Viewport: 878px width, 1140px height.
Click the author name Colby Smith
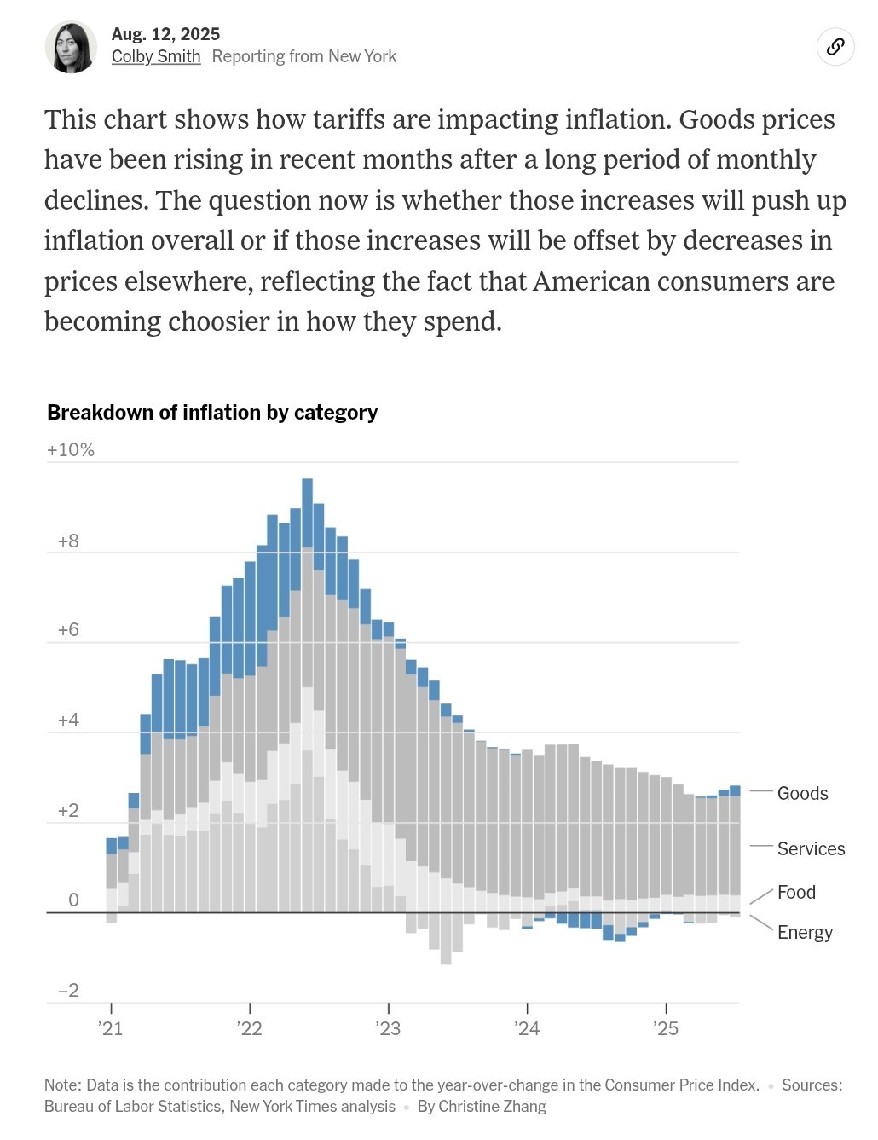click(156, 56)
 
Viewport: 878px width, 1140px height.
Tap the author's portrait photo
click(71, 47)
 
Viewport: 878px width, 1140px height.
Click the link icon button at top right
click(835, 46)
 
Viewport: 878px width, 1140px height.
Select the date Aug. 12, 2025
click(165, 33)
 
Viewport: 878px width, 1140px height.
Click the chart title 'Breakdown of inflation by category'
click(212, 413)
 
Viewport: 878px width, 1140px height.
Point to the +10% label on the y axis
click(71, 449)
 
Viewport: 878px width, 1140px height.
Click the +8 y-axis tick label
click(68, 541)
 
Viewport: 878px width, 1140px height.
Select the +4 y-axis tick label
click(68, 720)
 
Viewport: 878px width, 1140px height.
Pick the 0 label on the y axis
click(73, 900)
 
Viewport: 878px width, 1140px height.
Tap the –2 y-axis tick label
click(68, 990)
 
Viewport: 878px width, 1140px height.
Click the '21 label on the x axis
click(111, 1028)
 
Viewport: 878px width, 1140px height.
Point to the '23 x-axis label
click(388, 1028)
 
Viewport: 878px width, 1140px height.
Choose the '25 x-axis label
click(666, 1028)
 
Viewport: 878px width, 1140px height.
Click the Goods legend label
click(802, 793)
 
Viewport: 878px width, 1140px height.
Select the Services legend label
click(811, 848)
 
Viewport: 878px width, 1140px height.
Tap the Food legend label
click(796, 892)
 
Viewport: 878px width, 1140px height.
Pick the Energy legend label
click(805, 932)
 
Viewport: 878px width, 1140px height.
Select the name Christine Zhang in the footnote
click(492, 1106)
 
